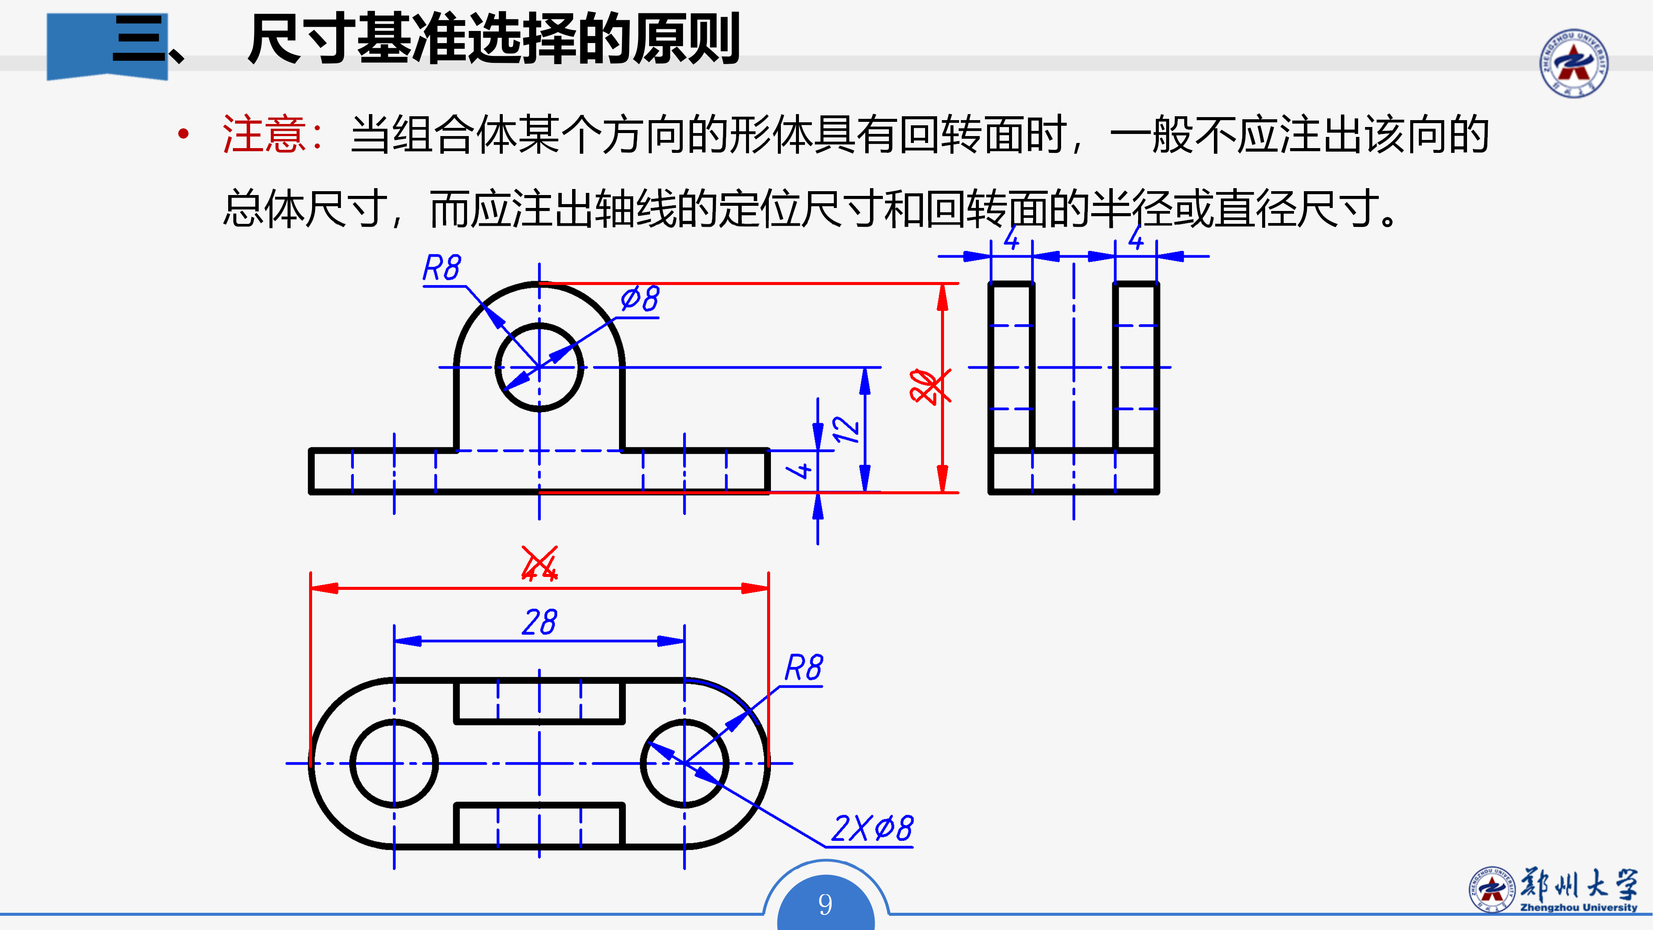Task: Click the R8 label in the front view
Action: (442, 268)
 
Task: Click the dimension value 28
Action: (539, 623)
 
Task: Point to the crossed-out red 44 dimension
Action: (539, 565)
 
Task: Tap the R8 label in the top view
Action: (803, 668)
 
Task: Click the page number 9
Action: (825, 904)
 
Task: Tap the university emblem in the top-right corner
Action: (1573, 63)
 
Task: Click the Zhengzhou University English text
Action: (1579, 908)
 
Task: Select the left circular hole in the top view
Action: (394, 763)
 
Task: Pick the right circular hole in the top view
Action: (684, 763)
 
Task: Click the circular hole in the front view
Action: (539, 367)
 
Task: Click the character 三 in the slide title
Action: (138, 40)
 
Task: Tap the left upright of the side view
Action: (1011, 366)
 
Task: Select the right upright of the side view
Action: (1136, 366)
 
